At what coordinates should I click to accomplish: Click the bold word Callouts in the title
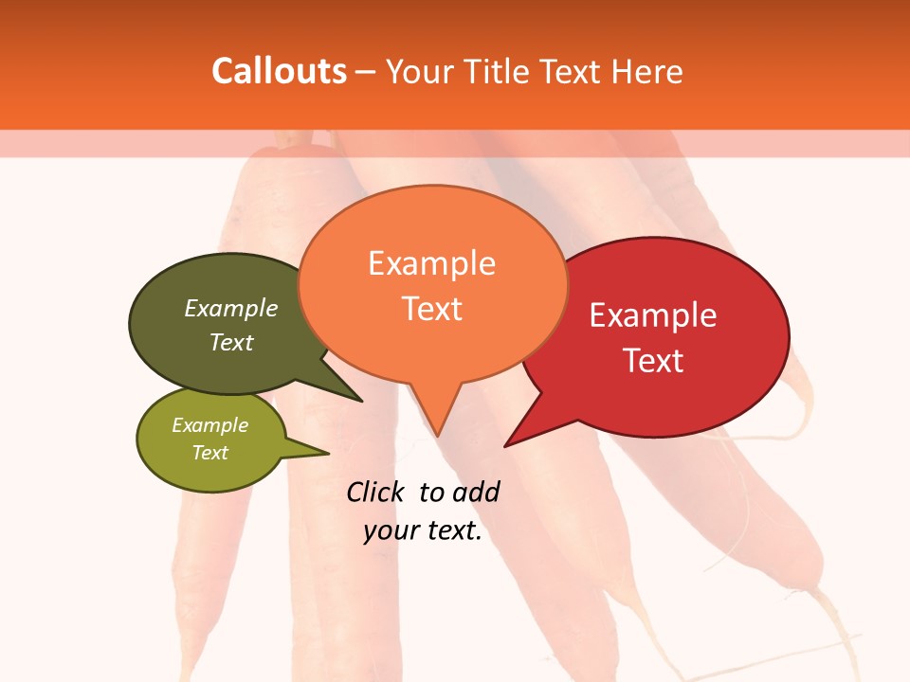point(279,71)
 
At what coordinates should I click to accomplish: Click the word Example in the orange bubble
point(431,263)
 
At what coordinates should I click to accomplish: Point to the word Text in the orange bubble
point(431,309)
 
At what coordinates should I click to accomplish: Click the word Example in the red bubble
point(653,315)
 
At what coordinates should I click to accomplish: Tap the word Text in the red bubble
point(653,361)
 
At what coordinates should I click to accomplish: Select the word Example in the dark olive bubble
point(231,309)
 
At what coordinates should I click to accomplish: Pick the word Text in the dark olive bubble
point(231,342)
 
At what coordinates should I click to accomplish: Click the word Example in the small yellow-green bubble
point(209,425)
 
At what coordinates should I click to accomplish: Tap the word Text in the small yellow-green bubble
point(209,453)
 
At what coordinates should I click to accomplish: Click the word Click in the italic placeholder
point(376,492)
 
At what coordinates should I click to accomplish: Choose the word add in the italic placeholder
point(476,492)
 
